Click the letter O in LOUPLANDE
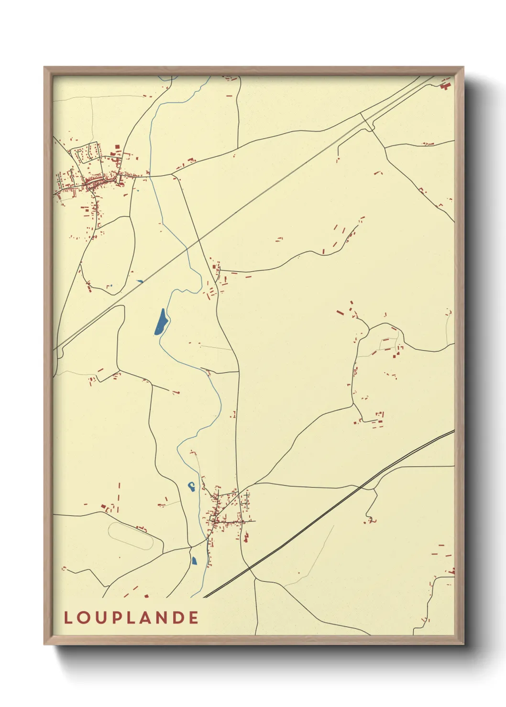tap(83, 618)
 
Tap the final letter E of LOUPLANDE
tap(193, 618)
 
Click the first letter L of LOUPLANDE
tap(68, 618)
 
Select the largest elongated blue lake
tap(161, 322)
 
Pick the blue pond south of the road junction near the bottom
tap(194, 560)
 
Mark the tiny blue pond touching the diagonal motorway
tap(139, 281)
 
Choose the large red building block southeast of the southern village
tap(246, 538)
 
